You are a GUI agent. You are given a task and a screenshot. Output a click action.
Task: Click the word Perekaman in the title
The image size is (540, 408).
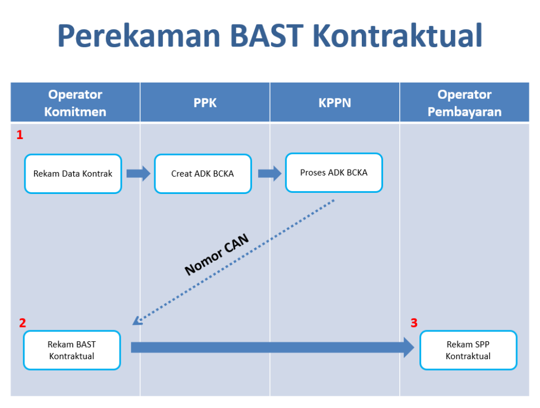coord(139,35)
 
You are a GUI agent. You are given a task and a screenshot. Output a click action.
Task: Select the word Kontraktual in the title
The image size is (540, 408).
coord(398,35)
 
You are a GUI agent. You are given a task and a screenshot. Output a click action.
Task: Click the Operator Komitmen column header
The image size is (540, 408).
coord(75,103)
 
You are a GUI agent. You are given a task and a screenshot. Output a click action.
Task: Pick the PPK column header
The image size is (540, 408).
coord(205,103)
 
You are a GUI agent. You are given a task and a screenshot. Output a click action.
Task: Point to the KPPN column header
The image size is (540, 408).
coord(335,103)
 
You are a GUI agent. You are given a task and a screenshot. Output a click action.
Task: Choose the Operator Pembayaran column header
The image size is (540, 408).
coord(464,103)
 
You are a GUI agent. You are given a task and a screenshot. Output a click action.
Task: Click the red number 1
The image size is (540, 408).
coord(20,135)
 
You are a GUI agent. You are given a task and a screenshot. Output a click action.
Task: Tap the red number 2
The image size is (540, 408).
coord(22,323)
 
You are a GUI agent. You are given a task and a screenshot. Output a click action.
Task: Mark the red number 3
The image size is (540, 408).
coord(414,323)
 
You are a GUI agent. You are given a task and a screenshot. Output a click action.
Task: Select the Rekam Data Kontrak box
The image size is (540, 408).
coord(73,173)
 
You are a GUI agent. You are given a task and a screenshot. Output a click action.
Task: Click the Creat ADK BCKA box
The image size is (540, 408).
coord(203,173)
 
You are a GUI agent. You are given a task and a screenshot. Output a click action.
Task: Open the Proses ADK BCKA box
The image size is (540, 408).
coord(334,173)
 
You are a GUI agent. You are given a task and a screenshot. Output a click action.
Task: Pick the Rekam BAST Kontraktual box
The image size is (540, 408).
coord(72,350)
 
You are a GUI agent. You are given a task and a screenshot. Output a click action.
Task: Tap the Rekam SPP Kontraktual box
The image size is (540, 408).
coord(468,350)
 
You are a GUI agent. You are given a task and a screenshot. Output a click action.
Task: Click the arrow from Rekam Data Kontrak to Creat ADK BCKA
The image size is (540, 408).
coord(139,173)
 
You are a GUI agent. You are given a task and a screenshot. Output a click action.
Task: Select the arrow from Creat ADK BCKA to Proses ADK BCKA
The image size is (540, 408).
coord(269,173)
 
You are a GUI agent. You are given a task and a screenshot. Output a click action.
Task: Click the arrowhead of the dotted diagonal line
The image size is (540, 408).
coord(137,321)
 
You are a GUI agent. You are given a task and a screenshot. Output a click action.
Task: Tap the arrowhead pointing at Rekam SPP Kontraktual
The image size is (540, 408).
coord(409,348)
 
